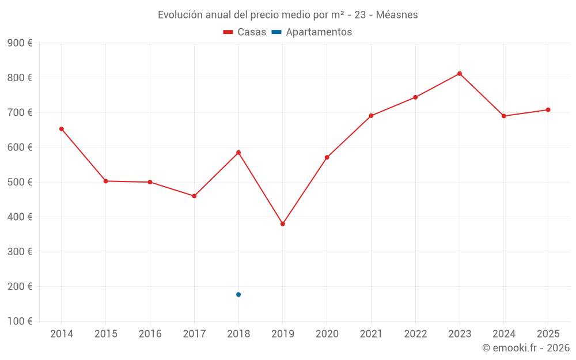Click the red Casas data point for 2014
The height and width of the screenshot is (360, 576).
pyautogui.click(x=62, y=129)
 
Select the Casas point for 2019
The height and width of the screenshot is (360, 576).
pyautogui.click(x=283, y=224)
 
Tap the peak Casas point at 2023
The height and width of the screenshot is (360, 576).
pyautogui.click(x=460, y=74)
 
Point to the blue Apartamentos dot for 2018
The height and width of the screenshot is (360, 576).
pyautogui.click(x=238, y=294)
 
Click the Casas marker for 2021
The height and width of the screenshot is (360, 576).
pyautogui.click(x=371, y=116)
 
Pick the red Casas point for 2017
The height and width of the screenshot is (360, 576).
pyautogui.click(x=194, y=196)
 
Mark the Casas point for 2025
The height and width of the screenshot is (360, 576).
pyautogui.click(x=548, y=110)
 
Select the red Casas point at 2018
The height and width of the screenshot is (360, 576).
pyautogui.click(x=238, y=153)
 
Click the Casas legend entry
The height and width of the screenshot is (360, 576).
pyautogui.click(x=245, y=32)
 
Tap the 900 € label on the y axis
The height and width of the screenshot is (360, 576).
pyautogui.click(x=20, y=43)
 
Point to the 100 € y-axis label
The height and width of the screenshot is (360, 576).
pyautogui.click(x=20, y=321)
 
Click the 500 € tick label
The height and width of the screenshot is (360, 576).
pyautogui.click(x=20, y=182)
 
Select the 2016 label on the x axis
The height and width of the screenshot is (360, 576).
pyautogui.click(x=150, y=334)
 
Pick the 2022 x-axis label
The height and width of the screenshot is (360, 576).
pyautogui.click(x=415, y=334)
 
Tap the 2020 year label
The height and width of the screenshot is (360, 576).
pyautogui.click(x=327, y=334)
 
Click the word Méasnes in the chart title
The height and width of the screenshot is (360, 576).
pyautogui.click(x=397, y=15)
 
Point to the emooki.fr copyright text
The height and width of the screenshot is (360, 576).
pyautogui.click(x=526, y=348)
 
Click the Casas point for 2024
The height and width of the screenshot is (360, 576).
pyautogui.click(x=504, y=116)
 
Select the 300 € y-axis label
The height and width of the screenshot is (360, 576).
pyautogui.click(x=20, y=252)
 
